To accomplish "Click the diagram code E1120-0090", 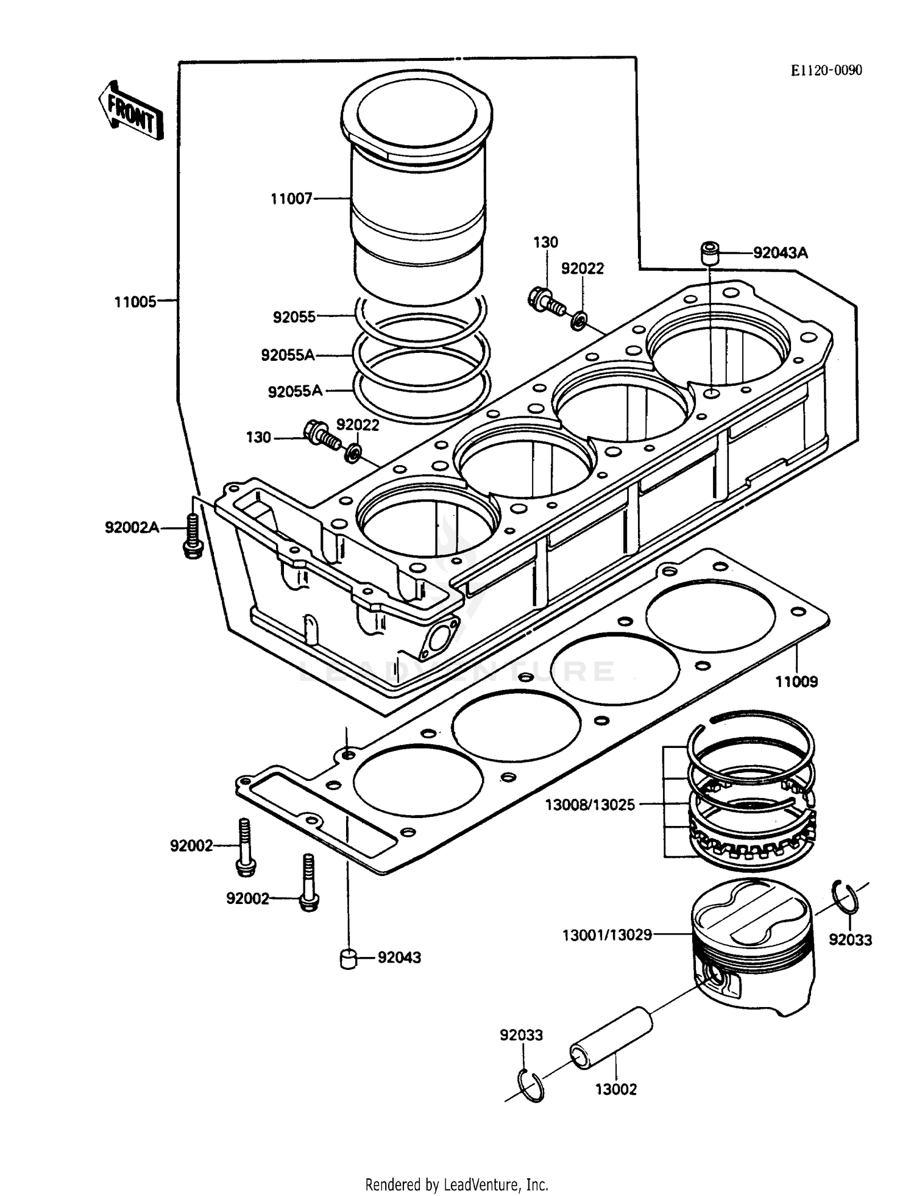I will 826,71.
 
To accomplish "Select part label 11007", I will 291,199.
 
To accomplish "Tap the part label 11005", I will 135,302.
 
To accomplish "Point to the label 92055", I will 294,317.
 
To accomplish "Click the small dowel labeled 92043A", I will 709,253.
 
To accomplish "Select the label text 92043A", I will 780,253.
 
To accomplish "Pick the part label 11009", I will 796,682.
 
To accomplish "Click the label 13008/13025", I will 589,805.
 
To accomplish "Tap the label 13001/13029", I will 607,934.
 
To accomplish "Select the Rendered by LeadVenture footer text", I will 456,1184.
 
